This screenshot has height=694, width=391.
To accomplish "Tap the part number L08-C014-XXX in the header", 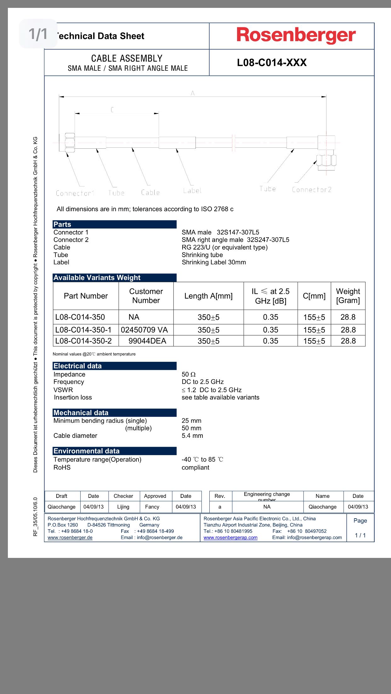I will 272,63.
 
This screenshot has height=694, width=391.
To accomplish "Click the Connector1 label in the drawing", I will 75,193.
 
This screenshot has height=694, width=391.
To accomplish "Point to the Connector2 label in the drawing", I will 312,190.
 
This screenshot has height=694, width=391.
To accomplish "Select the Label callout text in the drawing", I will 192,190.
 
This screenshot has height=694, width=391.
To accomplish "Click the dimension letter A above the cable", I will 193,93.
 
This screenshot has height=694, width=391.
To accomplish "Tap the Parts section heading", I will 62,224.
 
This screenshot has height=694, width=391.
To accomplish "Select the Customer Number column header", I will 146,296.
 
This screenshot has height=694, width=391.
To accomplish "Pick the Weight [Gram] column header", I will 348,296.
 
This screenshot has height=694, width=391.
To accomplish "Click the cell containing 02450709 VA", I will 144,330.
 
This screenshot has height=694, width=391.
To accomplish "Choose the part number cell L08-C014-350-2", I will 83,341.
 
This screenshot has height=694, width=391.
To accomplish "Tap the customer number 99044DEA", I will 147,341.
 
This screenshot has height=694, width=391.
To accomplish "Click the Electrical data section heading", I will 77,366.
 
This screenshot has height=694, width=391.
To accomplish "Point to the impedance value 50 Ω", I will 189,374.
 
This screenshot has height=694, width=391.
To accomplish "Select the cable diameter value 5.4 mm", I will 192,436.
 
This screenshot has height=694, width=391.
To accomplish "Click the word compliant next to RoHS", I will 195,467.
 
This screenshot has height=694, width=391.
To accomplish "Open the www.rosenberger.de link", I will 70,537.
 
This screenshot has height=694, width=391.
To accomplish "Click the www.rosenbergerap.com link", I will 230,537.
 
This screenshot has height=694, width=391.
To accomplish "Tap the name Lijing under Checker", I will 123,507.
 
